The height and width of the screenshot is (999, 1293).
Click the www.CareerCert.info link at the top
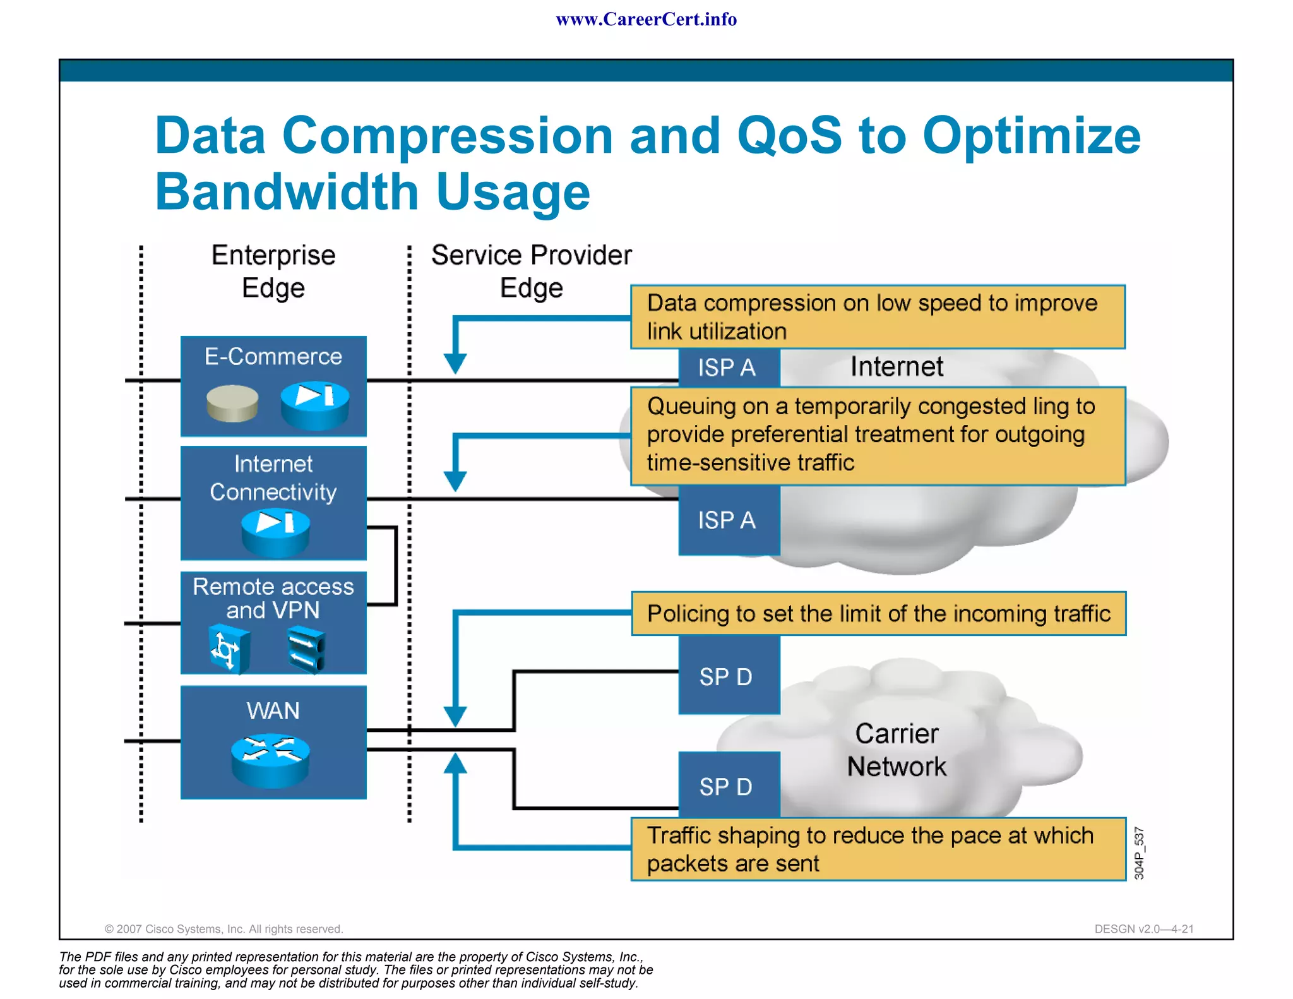646,20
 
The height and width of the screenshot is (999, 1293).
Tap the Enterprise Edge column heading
273,272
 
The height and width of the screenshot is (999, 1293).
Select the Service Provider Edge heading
531,272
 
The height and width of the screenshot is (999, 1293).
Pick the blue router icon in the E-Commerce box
314,405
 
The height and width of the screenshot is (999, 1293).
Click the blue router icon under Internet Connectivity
276,532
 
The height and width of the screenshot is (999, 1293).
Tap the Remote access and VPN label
273,598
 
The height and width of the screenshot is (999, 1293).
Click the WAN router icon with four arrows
271,760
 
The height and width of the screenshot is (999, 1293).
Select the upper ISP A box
728,368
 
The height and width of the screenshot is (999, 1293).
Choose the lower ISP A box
728,520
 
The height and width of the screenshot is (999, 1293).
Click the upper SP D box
727,676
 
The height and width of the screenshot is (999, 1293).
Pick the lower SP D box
727,786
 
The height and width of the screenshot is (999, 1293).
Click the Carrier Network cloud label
897,750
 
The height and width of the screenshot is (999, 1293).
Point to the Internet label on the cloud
897,367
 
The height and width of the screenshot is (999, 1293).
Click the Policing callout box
878,614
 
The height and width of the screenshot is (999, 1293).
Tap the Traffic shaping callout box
878,849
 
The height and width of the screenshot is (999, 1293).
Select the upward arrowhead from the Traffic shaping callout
455,763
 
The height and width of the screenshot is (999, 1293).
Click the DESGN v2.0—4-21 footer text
1143,929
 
